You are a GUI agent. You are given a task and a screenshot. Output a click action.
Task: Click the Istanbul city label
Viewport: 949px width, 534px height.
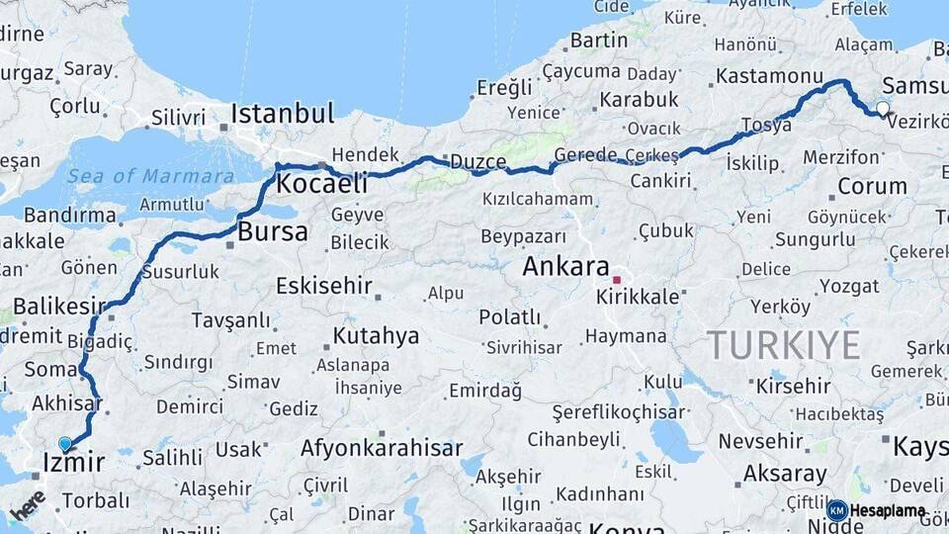click(x=283, y=114)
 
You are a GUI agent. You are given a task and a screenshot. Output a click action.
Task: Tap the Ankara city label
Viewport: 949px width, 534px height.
click(x=565, y=266)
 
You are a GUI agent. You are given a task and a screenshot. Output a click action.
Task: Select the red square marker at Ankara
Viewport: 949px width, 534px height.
click(x=617, y=280)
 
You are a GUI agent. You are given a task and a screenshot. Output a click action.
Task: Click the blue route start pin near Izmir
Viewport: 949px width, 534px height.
click(x=65, y=445)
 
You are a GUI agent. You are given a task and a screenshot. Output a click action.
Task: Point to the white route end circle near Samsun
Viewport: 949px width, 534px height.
click(x=883, y=108)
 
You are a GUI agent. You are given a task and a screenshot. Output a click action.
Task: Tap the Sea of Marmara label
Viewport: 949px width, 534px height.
click(x=151, y=176)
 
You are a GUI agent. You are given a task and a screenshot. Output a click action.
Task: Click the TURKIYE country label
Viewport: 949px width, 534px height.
click(x=783, y=344)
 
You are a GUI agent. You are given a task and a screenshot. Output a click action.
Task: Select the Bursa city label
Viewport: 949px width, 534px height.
click(x=273, y=232)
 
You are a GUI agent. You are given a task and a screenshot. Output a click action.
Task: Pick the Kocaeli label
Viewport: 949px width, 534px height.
click(x=321, y=183)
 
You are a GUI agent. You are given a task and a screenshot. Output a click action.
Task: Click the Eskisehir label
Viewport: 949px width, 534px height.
click(x=323, y=286)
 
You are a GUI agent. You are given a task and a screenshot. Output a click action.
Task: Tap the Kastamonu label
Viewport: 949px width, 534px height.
click(x=769, y=76)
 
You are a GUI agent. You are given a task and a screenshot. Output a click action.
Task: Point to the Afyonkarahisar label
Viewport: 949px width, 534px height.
click(x=382, y=448)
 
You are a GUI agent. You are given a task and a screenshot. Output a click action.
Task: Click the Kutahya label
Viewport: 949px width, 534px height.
click(x=376, y=335)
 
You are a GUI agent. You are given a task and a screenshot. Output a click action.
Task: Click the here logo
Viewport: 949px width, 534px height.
click(x=27, y=504)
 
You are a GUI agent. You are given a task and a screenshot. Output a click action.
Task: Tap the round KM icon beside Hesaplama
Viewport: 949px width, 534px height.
click(x=837, y=510)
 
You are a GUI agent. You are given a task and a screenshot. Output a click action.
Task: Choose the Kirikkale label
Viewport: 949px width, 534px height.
click(x=639, y=297)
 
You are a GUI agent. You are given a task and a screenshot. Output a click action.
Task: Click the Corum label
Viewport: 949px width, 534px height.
click(x=872, y=186)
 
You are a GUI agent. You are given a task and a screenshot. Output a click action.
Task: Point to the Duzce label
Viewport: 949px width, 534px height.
click(x=478, y=161)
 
